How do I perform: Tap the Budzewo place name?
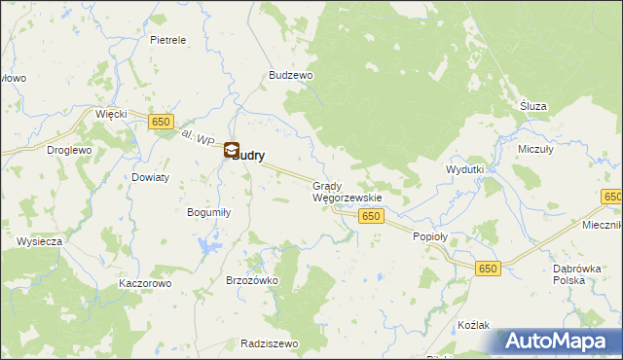(289, 75)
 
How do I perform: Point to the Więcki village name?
(111, 114)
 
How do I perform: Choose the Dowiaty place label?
(151, 177)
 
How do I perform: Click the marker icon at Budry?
(232, 150)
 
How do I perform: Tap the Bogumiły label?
(207, 211)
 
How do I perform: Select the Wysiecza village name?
(40, 240)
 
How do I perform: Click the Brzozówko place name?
(252, 279)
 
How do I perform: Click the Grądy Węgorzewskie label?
(347, 191)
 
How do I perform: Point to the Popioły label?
(429, 236)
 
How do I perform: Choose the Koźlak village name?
(472, 324)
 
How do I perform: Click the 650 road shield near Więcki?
(162, 122)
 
